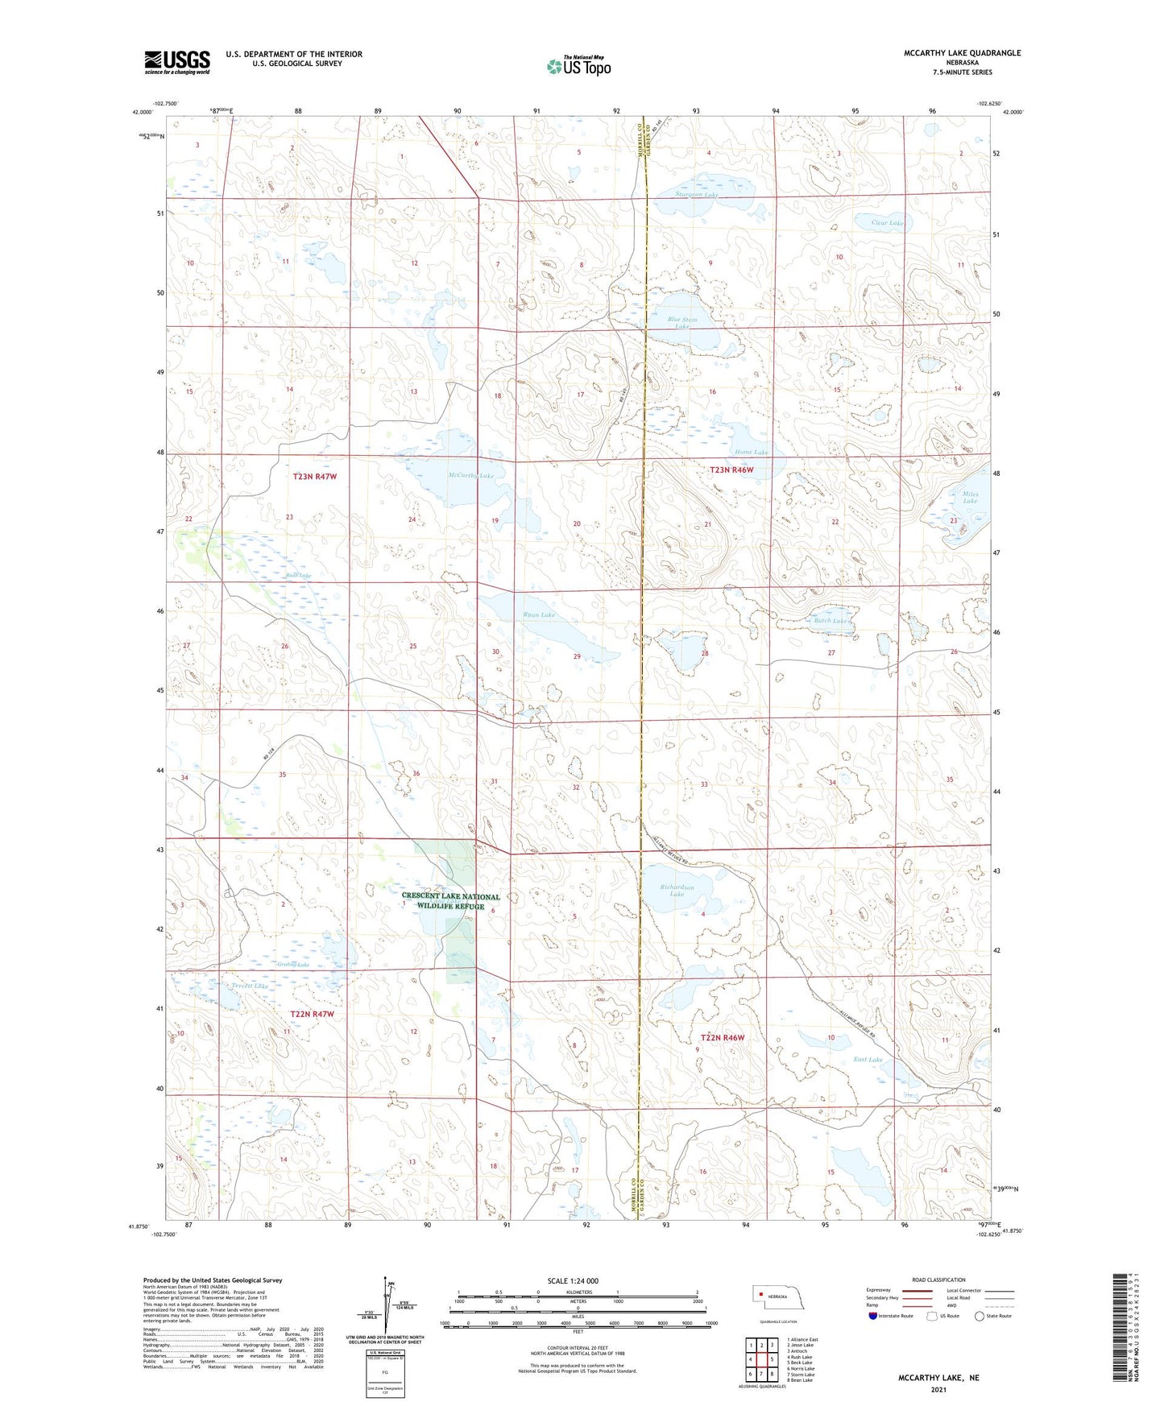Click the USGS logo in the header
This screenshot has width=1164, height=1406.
pos(177,62)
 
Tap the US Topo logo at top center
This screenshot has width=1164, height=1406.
pos(578,66)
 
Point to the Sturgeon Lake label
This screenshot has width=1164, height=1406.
pos(697,195)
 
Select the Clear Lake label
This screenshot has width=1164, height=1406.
pos(887,223)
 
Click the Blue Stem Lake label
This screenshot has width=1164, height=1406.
pos(682,323)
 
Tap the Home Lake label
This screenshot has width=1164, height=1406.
pos(751,453)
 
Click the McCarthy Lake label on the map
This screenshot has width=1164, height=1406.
pos(470,476)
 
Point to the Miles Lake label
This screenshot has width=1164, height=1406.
pos(970,497)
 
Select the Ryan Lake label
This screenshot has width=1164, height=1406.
pos(539,615)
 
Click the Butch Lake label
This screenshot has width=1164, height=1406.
pos(831,621)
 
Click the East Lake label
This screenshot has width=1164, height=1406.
pos(868,1060)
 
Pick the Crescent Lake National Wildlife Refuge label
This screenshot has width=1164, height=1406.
pos(450,901)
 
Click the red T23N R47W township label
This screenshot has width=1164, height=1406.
pos(314,477)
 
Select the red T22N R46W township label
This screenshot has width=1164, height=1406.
pos(723,1038)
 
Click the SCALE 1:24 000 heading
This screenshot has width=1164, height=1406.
pos(573,1280)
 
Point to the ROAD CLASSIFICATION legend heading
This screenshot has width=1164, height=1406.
pos(938,1280)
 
